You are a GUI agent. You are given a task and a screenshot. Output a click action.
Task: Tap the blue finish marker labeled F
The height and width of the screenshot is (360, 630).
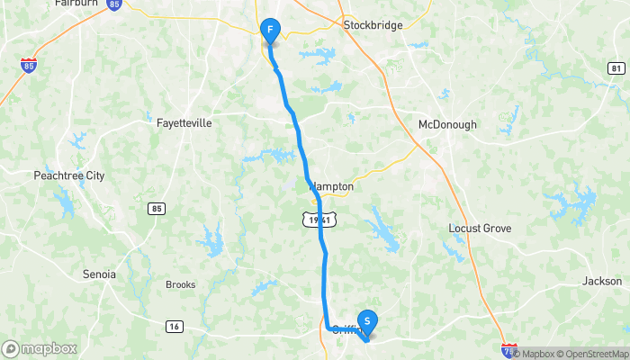(x=269, y=31)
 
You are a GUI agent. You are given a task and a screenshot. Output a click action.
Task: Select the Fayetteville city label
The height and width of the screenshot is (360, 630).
(x=184, y=122)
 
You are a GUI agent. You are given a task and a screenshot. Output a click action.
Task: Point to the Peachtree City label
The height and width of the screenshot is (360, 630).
(x=69, y=175)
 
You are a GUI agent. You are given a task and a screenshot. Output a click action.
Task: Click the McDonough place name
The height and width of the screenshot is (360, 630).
(x=447, y=124)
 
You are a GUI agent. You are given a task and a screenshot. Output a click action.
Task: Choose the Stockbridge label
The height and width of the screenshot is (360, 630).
(x=373, y=25)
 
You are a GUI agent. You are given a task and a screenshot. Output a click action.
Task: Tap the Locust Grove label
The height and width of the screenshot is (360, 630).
(x=480, y=229)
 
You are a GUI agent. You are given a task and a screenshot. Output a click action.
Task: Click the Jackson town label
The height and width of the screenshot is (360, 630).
(x=602, y=281)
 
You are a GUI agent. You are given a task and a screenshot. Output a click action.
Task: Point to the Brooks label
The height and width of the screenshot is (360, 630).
(x=180, y=284)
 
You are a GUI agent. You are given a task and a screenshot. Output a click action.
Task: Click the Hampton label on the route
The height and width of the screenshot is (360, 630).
(x=331, y=187)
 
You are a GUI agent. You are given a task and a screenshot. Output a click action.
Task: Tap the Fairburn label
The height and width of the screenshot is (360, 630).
(x=76, y=4)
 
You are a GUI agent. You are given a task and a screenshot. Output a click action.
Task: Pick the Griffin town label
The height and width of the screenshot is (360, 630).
(x=346, y=329)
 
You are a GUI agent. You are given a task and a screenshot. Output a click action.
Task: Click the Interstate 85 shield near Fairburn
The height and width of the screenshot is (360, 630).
(x=113, y=4)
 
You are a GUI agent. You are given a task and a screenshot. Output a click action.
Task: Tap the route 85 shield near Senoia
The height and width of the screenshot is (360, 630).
(x=157, y=209)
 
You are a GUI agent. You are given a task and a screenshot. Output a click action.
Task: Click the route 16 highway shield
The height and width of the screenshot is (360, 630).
(x=174, y=325)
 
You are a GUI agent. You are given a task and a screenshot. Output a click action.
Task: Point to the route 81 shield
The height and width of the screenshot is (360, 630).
(x=616, y=68)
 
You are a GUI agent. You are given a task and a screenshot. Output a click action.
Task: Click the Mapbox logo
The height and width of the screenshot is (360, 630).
(x=40, y=348)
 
